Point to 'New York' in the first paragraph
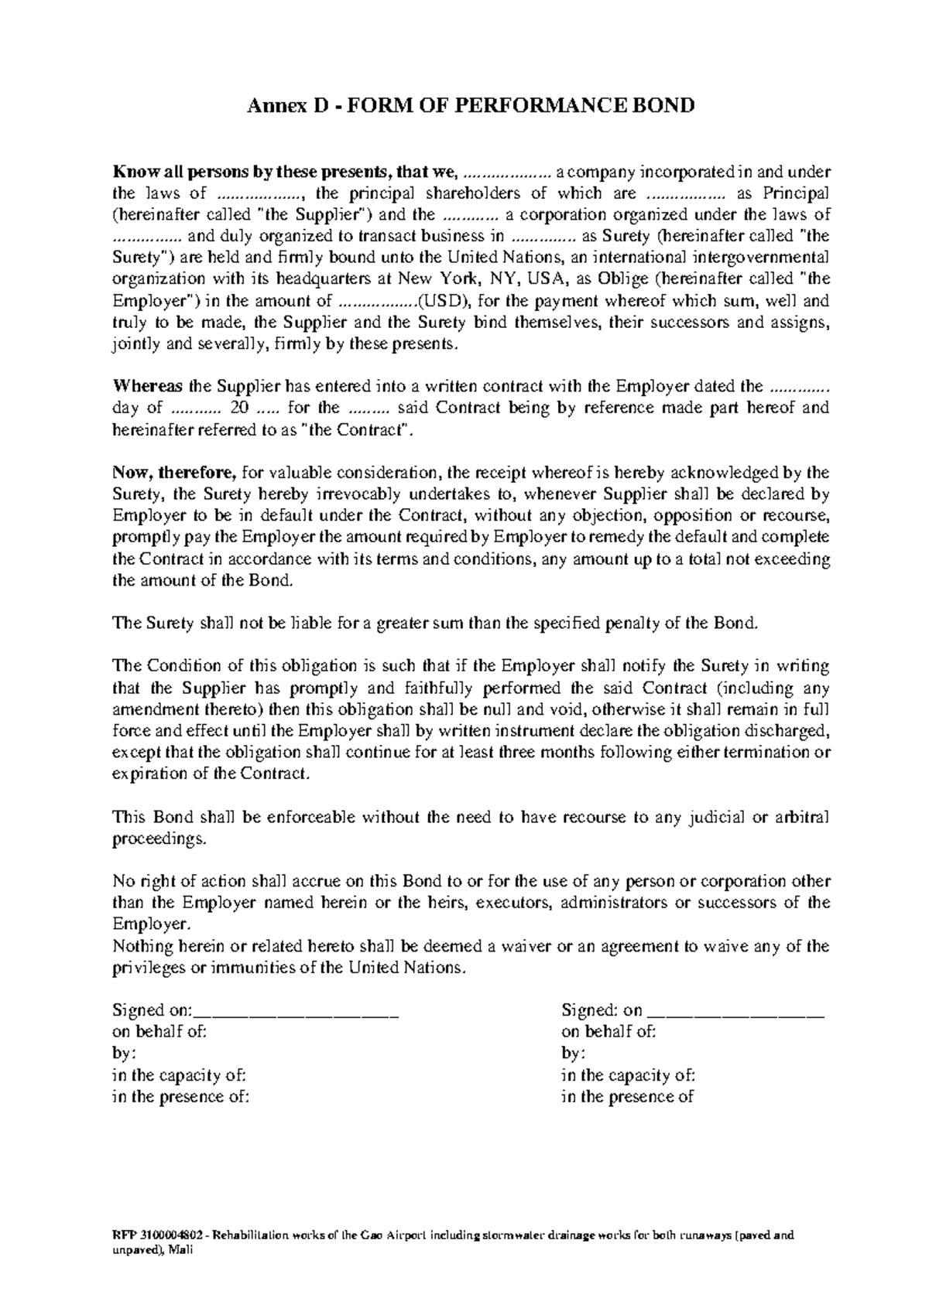tap(433, 279)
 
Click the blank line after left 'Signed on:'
tap(298, 1010)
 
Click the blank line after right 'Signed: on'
tap(735, 1010)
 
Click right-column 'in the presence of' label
tap(627, 1096)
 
